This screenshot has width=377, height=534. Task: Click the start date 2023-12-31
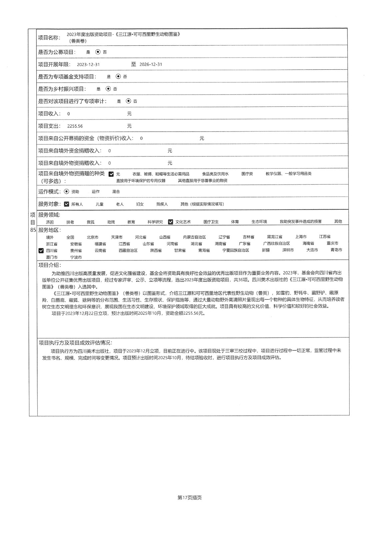(88, 64)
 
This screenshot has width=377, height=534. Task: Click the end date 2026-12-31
(151, 64)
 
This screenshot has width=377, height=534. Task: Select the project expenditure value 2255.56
(75, 126)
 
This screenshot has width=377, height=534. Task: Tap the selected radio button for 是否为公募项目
(98, 52)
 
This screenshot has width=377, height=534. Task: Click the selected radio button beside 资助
(66, 192)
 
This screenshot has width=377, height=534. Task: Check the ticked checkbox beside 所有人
(66, 204)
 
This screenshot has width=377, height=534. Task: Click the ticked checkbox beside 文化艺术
(171, 222)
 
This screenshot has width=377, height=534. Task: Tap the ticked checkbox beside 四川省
(41, 250)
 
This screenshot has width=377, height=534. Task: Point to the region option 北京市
(92, 237)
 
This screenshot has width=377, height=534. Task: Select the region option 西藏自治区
(128, 250)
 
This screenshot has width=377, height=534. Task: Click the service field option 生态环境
(259, 222)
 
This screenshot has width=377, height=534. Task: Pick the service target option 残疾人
(162, 204)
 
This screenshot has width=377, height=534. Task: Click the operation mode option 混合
(116, 192)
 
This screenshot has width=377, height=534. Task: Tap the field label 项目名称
(49, 38)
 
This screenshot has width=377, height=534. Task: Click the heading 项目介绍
(50, 265)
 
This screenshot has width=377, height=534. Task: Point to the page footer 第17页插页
(190, 498)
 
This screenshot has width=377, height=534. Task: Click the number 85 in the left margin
(33, 230)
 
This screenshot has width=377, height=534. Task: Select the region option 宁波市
(76, 257)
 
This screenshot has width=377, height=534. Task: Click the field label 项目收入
(49, 114)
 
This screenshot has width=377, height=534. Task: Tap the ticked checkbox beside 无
(111, 174)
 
